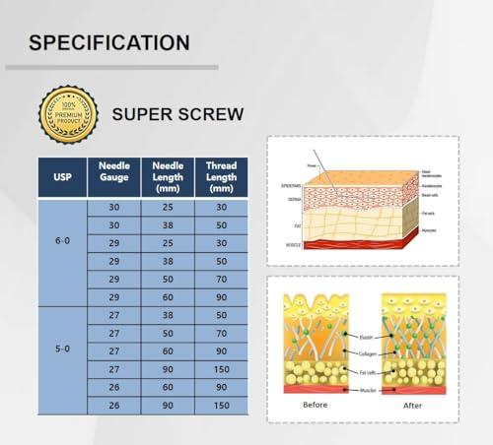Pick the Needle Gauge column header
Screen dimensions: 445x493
[x=115, y=177]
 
